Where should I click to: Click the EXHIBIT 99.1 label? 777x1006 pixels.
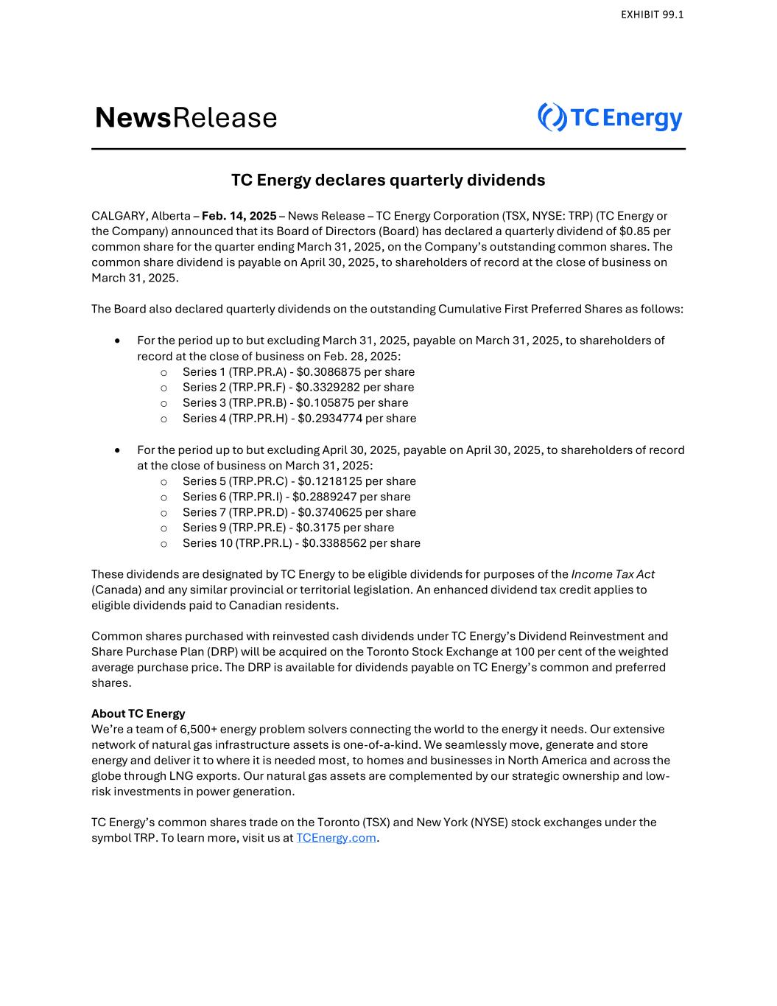click(652, 15)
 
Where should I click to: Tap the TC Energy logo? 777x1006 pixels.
click(610, 118)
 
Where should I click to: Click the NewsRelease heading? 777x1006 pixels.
click(186, 118)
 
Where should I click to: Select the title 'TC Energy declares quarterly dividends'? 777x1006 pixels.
click(388, 180)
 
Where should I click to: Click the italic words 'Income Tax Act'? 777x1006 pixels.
click(613, 574)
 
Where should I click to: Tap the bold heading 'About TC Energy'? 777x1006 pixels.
click(138, 713)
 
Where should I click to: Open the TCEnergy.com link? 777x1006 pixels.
click(336, 838)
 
